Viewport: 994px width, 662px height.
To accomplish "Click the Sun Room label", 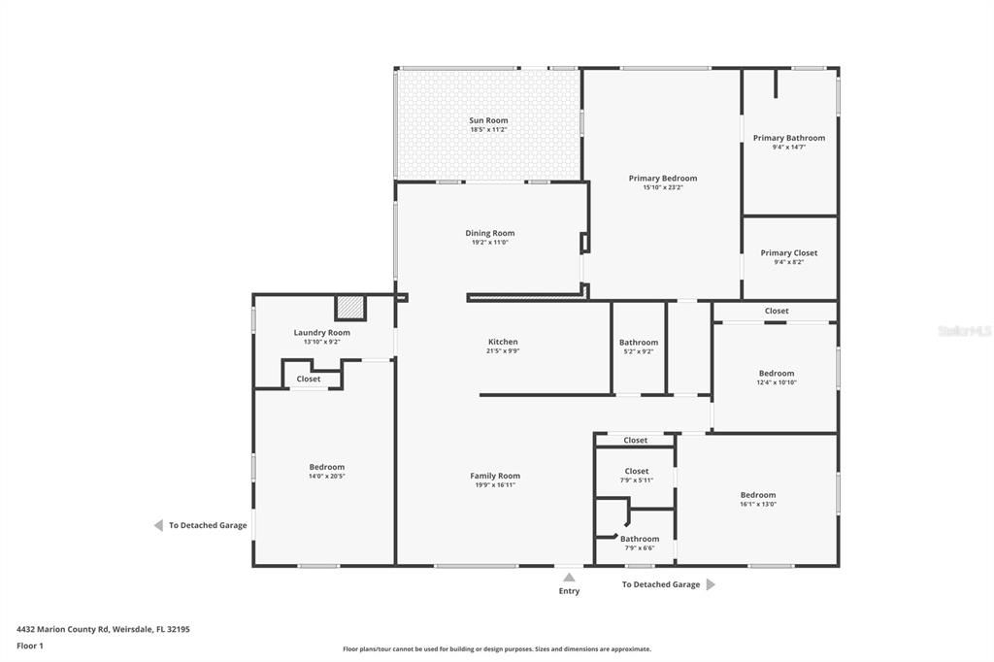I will (488, 120).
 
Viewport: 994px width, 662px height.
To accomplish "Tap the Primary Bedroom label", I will (663, 179).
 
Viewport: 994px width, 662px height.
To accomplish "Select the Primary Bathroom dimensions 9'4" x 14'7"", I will (788, 148).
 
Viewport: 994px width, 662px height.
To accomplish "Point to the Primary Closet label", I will (788, 253).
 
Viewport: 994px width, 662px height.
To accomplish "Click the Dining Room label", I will (489, 233).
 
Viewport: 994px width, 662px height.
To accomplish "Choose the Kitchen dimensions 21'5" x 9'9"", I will (503, 351).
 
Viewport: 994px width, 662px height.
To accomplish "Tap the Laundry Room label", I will (321, 333).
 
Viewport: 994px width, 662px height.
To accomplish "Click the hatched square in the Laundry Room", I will (350, 308).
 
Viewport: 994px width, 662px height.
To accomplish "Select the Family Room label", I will (495, 476).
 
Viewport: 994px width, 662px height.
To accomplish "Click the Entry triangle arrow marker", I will (569, 578).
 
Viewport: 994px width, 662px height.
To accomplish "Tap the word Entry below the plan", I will (569, 591).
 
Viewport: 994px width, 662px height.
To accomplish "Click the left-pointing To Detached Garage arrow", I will (158, 525).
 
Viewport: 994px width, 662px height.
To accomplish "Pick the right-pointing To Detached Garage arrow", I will (711, 584).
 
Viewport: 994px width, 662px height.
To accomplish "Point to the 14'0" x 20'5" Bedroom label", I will (326, 467).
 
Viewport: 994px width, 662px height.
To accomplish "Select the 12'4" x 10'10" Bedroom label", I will (777, 374).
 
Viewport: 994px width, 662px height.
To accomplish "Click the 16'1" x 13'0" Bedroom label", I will (758, 495).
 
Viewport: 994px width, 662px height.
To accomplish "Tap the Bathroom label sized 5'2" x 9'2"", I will (639, 343).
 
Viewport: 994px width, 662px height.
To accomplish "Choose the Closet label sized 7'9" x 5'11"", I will (637, 472).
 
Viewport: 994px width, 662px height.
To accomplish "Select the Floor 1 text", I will (30, 645).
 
